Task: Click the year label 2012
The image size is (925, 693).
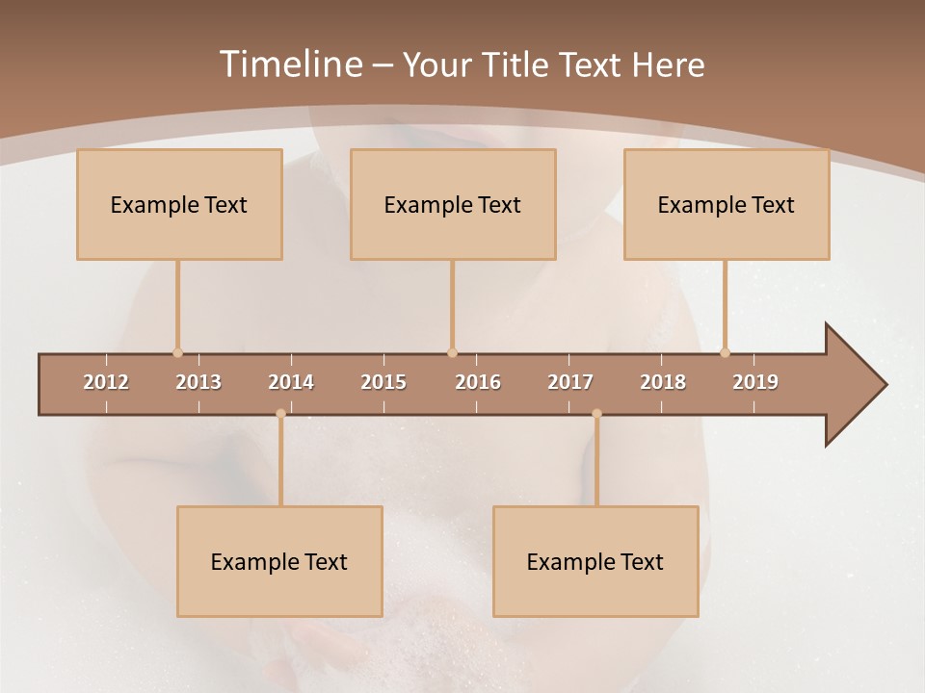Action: click(x=106, y=383)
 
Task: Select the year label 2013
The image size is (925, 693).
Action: click(x=198, y=383)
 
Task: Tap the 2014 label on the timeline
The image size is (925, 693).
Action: click(x=291, y=383)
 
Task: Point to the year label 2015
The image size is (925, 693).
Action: click(x=383, y=383)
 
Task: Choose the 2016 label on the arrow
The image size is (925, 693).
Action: click(x=478, y=383)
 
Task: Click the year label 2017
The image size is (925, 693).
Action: click(x=570, y=383)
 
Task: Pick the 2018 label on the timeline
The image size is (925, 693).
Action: click(x=663, y=383)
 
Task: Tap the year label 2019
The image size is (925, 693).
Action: click(x=755, y=383)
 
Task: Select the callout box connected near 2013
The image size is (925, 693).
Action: click(x=179, y=204)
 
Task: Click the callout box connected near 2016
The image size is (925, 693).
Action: click(x=453, y=204)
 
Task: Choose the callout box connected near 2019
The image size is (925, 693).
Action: click(x=727, y=204)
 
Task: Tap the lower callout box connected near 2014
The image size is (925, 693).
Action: click(x=279, y=561)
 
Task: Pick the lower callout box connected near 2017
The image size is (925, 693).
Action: click(x=595, y=561)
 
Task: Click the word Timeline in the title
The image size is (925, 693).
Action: click(x=290, y=64)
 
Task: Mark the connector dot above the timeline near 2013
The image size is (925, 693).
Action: click(x=177, y=352)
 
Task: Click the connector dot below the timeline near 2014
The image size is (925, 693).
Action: click(x=280, y=414)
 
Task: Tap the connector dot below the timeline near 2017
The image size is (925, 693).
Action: click(x=596, y=414)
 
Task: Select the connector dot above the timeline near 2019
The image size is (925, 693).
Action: click(x=725, y=352)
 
